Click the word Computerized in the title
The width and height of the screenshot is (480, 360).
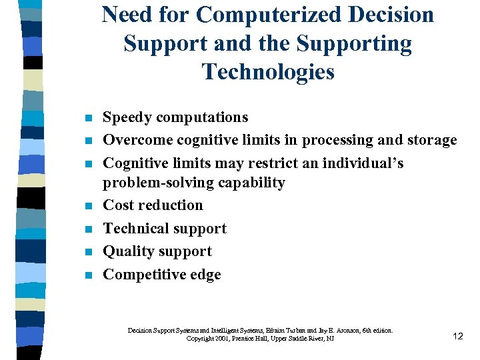click(267, 15)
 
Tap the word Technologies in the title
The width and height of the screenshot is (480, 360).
click(267, 71)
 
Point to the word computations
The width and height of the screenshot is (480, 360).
click(204, 118)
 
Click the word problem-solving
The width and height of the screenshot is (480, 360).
click(163, 183)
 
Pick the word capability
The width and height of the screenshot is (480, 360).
click(255, 183)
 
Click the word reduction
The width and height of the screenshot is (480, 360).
click(171, 205)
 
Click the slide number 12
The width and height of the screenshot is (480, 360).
click(457, 336)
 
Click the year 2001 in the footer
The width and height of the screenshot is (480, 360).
click(221, 339)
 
